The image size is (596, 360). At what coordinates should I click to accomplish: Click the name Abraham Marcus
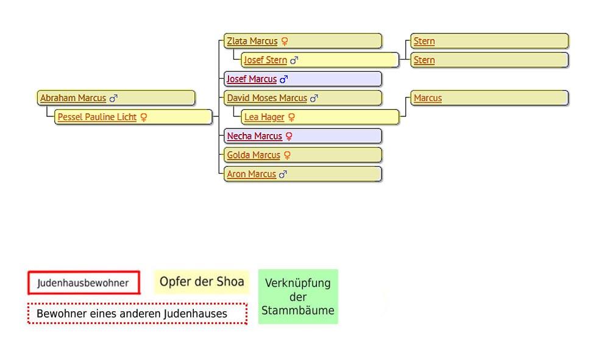click(73, 98)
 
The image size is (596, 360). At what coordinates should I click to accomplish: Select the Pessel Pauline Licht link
click(97, 117)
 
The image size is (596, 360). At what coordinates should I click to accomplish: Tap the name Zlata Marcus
click(252, 41)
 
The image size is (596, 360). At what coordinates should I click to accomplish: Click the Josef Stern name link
click(265, 60)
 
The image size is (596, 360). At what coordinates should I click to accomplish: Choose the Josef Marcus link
click(252, 79)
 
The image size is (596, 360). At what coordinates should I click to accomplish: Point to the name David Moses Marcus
click(267, 98)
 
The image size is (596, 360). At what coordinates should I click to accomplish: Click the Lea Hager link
click(264, 117)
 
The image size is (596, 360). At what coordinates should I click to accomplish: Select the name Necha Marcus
click(255, 136)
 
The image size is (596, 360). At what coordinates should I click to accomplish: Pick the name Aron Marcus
click(251, 174)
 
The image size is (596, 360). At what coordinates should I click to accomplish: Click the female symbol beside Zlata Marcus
click(285, 41)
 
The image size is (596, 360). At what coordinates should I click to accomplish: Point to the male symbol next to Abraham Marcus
click(113, 98)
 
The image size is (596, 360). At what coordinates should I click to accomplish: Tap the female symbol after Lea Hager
click(291, 117)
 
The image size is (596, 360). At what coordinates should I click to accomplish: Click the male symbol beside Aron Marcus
click(283, 174)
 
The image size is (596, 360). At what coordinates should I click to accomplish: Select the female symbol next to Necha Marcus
click(289, 136)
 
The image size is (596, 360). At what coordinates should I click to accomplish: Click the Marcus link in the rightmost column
click(428, 98)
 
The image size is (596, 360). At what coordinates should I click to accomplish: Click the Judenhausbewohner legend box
click(83, 283)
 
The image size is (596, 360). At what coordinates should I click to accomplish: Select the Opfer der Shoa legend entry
click(202, 281)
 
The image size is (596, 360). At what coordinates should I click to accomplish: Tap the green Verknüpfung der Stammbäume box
click(298, 297)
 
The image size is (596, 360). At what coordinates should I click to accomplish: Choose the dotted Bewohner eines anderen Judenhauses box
click(137, 314)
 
